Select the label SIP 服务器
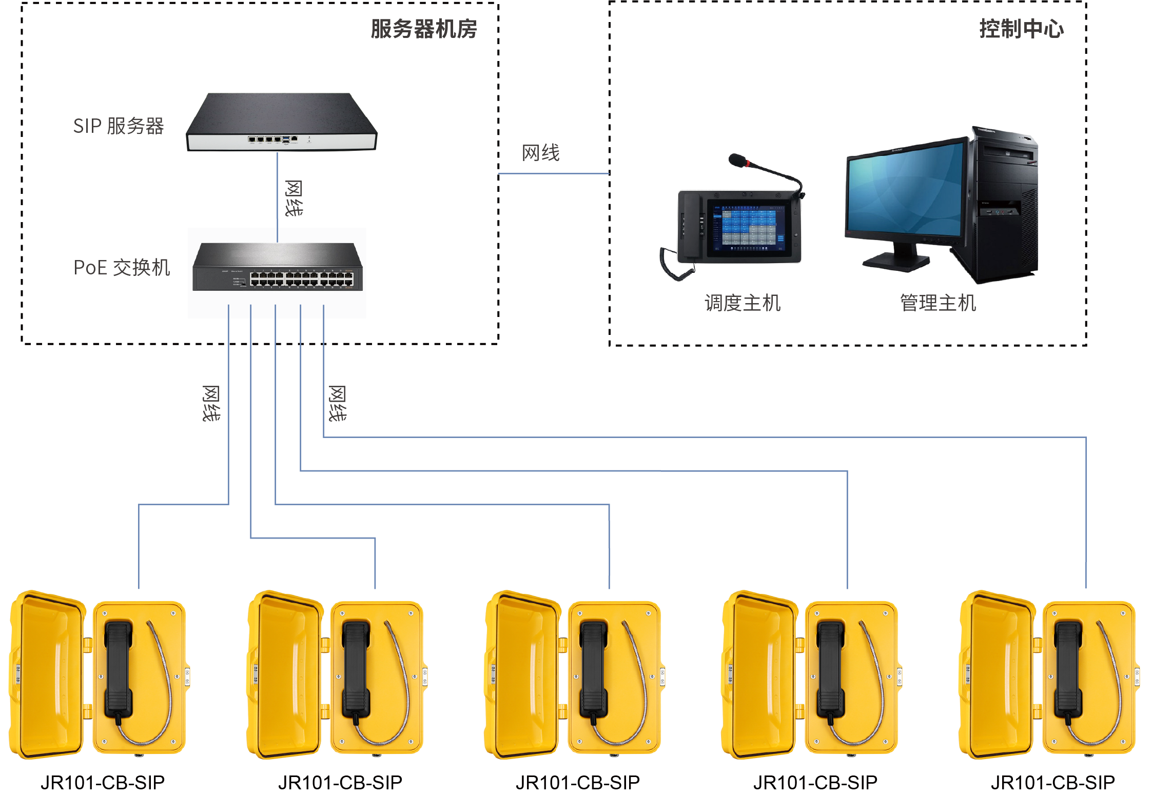(x=118, y=126)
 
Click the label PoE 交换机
(x=122, y=267)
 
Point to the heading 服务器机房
(x=423, y=29)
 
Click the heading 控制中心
(x=1021, y=29)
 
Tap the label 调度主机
(x=742, y=303)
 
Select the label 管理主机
(x=938, y=303)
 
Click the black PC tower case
(x=1003, y=205)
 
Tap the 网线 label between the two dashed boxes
(x=540, y=153)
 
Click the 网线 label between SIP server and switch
(x=294, y=198)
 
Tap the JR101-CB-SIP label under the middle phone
(x=578, y=782)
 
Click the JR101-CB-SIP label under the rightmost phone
(x=1052, y=782)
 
